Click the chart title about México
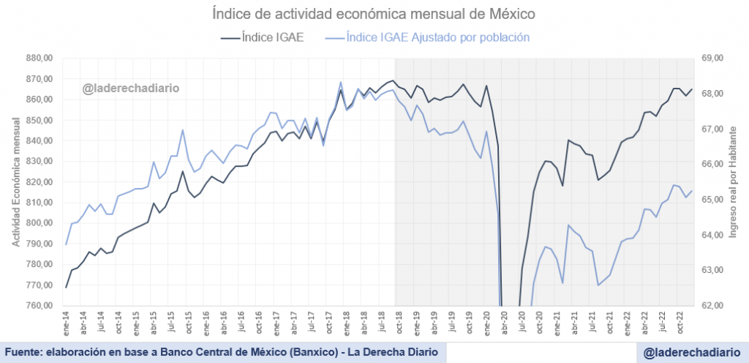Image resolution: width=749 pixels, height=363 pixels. (x=374, y=14)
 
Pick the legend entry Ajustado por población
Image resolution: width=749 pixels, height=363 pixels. (x=437, y=37)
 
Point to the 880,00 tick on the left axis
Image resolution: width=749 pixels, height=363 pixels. (x=39, y=58)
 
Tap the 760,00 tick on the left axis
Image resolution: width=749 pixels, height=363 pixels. (x=39, y=305)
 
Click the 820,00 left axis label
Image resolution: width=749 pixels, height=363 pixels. (x=39, y=181)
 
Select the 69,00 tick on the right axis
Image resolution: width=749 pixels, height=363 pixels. (x=712, y=58)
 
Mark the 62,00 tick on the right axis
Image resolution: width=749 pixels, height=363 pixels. (x=712, y=305)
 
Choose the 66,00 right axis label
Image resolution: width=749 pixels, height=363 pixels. (x=712, y=164)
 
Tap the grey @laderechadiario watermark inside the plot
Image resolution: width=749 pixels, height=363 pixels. (x=130, y=89)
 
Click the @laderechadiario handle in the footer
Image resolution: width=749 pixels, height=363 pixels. (x=691, y=353)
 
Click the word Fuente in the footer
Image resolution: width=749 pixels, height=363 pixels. (x=24, y=352)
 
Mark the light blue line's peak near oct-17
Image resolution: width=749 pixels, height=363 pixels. (x=341, y=82)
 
